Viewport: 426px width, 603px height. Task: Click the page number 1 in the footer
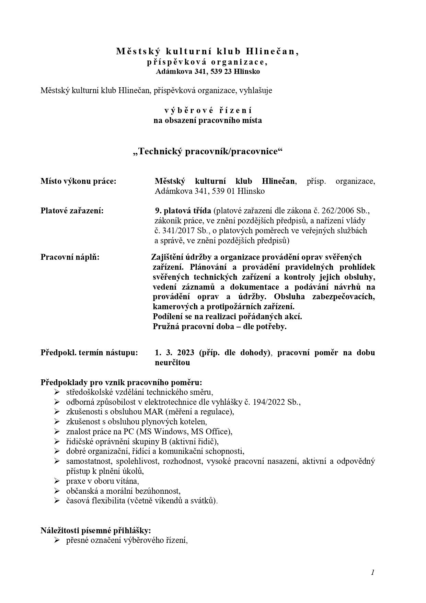coord(372,572)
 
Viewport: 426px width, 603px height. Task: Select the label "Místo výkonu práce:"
coord(78,181)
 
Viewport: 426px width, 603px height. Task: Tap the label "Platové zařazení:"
coord(72,211)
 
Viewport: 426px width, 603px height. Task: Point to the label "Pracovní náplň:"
coord(70,257)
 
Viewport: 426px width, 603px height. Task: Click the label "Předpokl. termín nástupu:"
coord(89,353)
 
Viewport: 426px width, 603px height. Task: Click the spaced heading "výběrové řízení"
coord(208,111)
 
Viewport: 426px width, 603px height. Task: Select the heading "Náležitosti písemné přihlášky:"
coord(96,531)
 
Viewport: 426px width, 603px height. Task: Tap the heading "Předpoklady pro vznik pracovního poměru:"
coord(121,382)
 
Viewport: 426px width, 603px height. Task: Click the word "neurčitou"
coord(172,362)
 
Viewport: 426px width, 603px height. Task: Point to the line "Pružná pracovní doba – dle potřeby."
coord(220,326)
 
